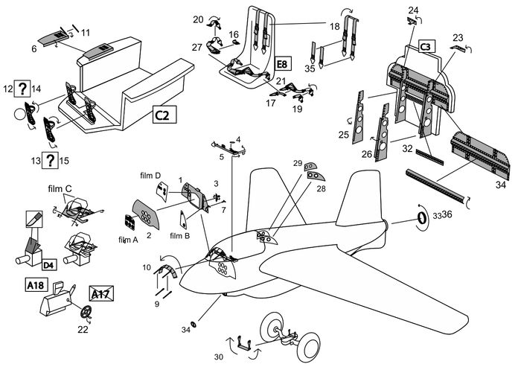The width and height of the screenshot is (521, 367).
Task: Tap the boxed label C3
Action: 426,47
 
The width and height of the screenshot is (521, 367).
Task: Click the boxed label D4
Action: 48,264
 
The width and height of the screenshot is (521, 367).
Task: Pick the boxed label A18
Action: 34,285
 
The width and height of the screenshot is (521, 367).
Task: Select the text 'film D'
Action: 150,176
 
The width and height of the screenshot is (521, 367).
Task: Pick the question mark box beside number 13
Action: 49,160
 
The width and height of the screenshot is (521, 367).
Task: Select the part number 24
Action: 414,10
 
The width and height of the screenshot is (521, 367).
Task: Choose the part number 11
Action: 86,32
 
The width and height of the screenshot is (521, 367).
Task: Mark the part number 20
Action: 198,19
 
